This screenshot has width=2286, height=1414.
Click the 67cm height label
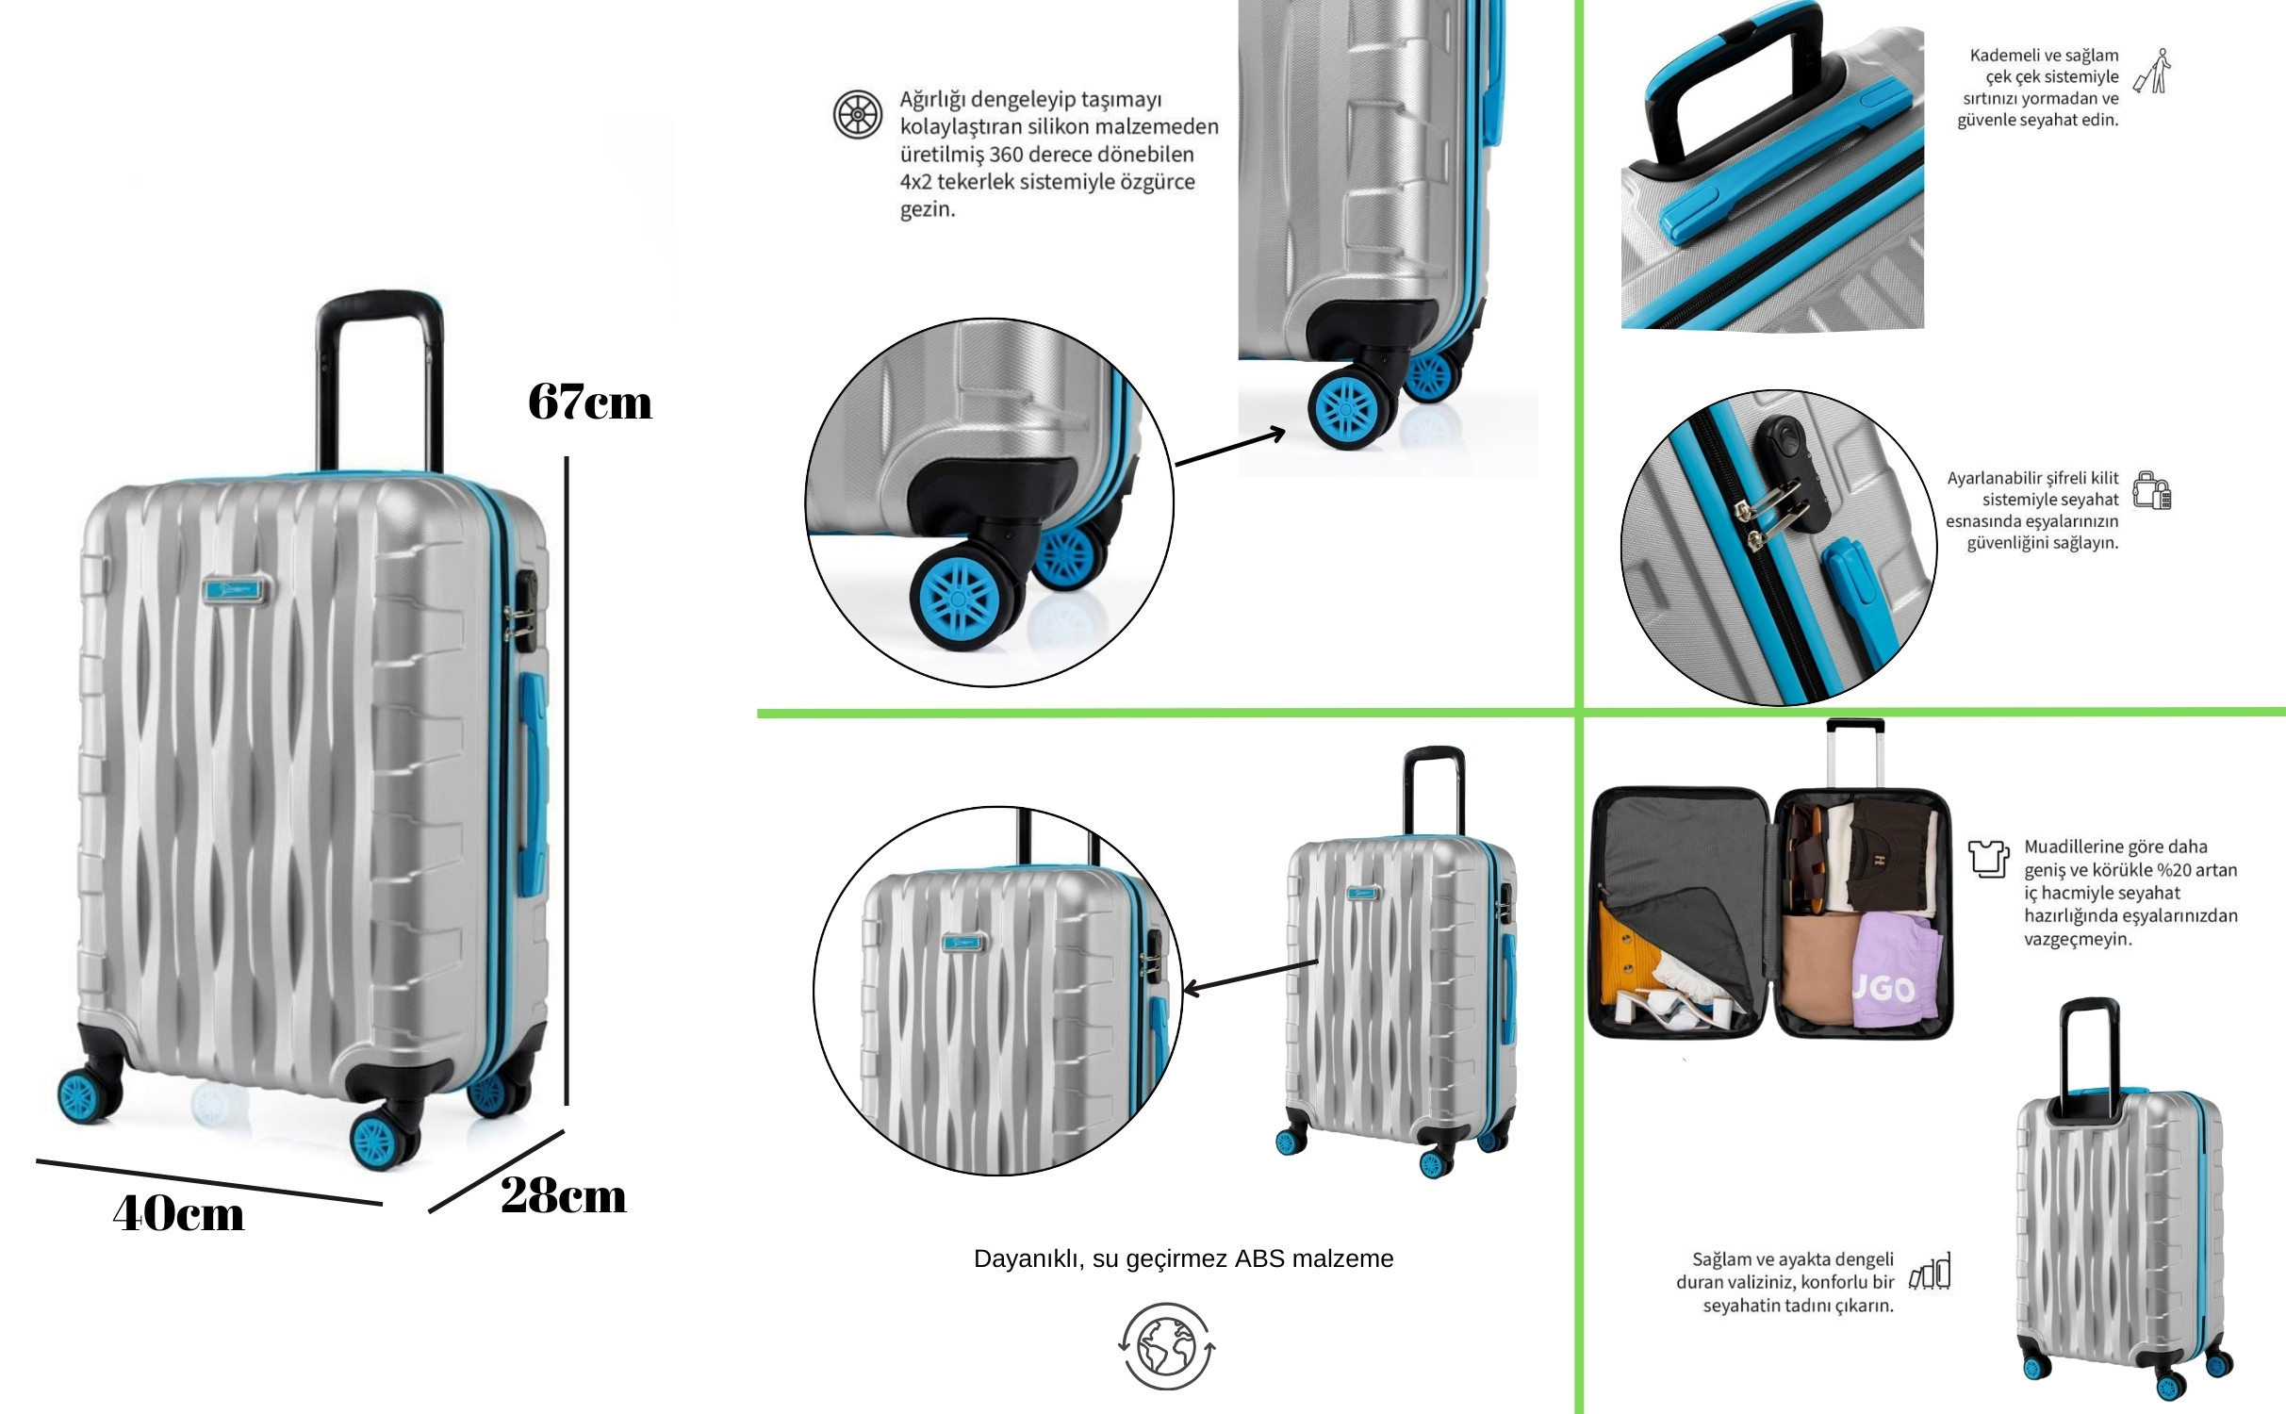coord(590,403)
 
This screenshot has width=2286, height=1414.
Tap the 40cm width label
coord(178,1213)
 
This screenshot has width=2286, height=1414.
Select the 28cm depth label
coord(564,1196)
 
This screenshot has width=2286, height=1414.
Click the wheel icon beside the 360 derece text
coord(858,115)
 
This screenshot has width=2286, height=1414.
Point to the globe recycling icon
coord(1167,1346)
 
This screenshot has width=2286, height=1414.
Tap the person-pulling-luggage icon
coord(2152,72)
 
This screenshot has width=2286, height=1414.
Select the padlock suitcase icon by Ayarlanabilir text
coord(2152,491)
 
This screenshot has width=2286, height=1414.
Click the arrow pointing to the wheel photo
coord(1230,448)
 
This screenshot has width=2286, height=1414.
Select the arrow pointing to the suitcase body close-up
coord(1250,977)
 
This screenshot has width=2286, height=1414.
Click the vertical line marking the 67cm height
coord(567,781)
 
